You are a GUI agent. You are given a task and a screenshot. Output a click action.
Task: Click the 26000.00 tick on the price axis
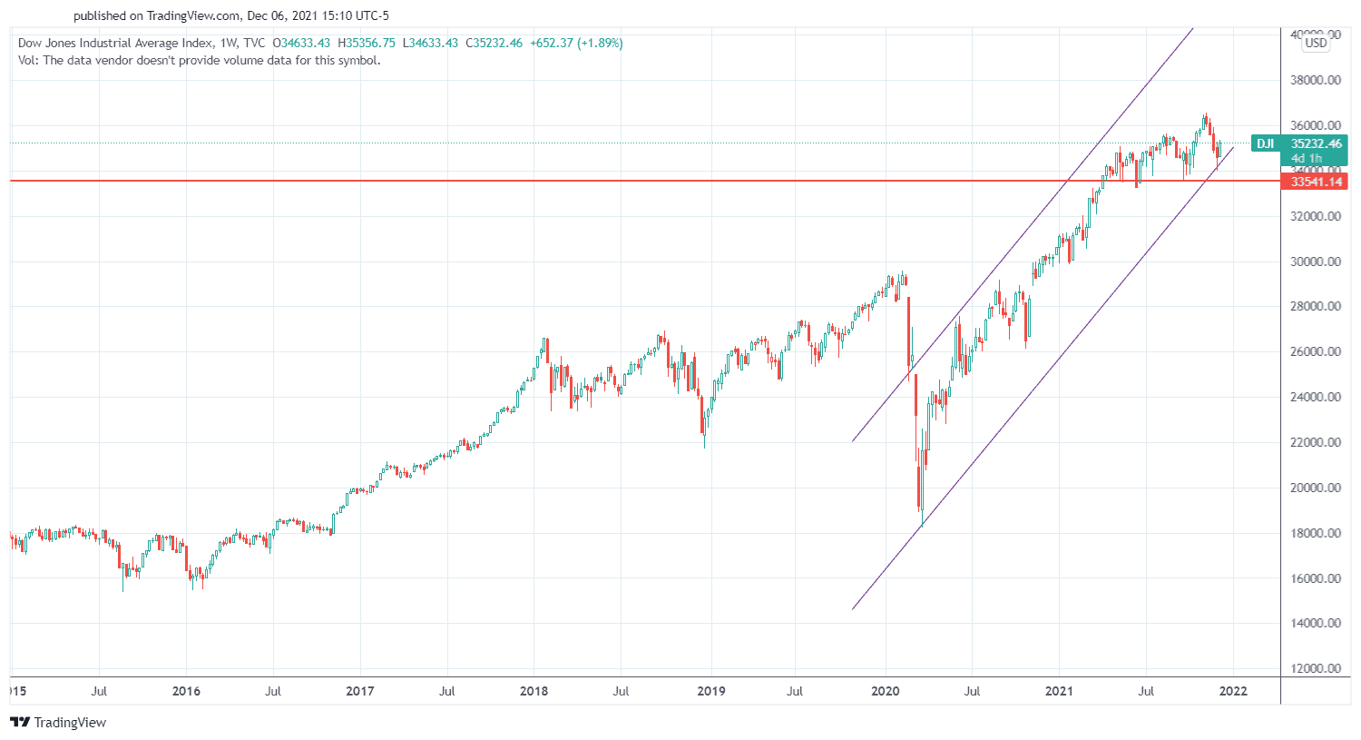[x=1315, y=351]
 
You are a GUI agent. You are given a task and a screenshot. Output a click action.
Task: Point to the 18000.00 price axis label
[x=1315, y=533]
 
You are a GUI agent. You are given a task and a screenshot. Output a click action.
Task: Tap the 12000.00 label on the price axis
[x=1315, y=668]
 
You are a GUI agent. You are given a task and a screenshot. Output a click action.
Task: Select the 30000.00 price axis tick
[x=1315, y=261]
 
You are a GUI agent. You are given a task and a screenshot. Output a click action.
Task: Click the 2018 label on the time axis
[x=534, y=691]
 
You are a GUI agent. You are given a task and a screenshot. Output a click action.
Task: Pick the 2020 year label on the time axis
[x=885, y=691]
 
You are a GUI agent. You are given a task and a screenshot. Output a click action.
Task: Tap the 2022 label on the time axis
[x=1233, y=691]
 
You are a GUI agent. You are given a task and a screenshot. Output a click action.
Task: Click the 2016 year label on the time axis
[x=186, y=691]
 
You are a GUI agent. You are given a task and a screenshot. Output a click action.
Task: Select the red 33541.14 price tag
[x=1316, y=182]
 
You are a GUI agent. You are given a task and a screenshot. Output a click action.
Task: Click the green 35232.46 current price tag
[x=1316, y=143]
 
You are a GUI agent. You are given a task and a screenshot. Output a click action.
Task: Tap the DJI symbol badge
[x=1265, y=143]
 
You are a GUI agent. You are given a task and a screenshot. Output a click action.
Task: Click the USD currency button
[x=1316, y=43]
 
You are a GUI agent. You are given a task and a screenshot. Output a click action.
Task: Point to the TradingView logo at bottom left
[x=58, y=723]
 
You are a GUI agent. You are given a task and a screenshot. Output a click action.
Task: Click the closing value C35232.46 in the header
[x=494, y=43]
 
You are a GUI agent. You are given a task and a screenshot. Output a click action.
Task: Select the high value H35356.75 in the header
[x=367, y=43]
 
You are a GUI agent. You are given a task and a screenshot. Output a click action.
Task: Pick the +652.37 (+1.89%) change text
[x=576, y=43]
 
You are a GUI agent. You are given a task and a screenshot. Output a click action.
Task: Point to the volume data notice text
[x=199, y=61]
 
